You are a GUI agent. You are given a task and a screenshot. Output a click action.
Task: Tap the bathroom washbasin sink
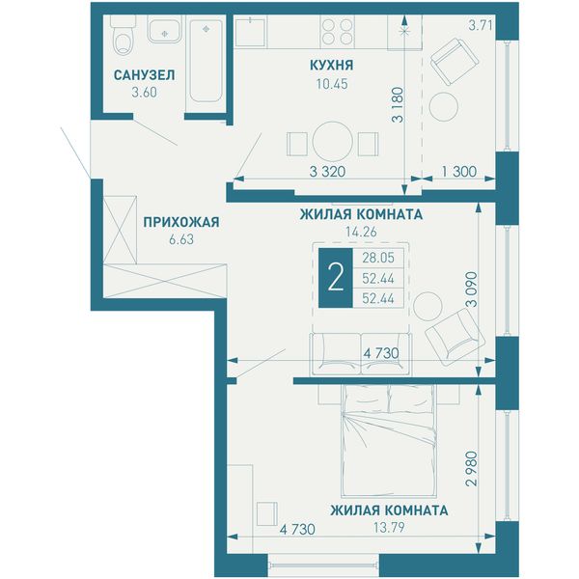(x=164, y=30)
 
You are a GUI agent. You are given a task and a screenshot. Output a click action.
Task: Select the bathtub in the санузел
(x=207, y=61)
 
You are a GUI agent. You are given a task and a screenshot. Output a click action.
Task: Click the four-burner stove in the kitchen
(x=337, y=32)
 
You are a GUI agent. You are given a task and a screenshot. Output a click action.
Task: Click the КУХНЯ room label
(x=332, y=65)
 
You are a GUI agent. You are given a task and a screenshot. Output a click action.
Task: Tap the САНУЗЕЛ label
(x=145, y=75)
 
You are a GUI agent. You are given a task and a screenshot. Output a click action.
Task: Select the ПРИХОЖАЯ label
(x=181, y=222)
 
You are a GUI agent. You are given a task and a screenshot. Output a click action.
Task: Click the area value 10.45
(x=332, y=84)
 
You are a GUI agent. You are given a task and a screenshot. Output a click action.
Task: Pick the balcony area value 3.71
(x=481, y=25)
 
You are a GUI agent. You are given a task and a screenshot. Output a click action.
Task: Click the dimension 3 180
(x=399, y=105)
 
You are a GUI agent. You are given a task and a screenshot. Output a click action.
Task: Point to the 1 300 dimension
(x=459, y=172)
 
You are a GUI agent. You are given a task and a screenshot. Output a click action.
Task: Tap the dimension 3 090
(x=472, y=289)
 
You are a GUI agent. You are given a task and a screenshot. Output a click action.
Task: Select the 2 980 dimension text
(x=472, y=469)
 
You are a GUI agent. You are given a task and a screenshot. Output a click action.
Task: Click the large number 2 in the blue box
(x=336, y=278)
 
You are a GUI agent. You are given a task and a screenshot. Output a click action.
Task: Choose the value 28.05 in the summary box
(x=378, y=258)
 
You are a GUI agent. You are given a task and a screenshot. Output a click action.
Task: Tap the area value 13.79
(x=389, y=527)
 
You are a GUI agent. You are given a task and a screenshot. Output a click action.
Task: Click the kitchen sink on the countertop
(x=250, y=32)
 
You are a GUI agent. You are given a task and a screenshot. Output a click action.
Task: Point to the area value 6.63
(x=181, y=239)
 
